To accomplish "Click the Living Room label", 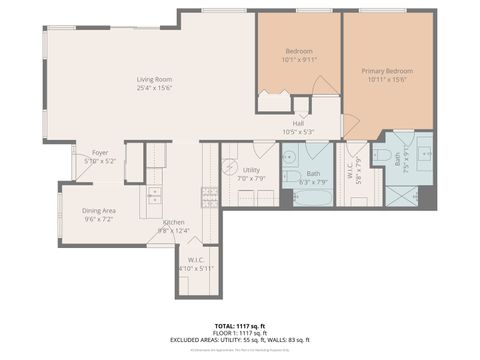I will pyautogui.click(x=155, y=84).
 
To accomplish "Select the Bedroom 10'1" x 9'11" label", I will pyautogui.click(x=299, y=55).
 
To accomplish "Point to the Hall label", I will pyautogui.click(x=298, y=127).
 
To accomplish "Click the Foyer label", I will pyautogui.click(x=100, y=156).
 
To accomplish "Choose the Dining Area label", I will pyautogui.click(x=98, y=214).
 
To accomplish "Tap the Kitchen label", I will pyautogui.click(x=173, y=227).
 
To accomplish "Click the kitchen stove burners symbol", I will pyautogui.click(x=210, y=195).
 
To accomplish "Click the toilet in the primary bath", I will pyautogui.click(x=382, y=155).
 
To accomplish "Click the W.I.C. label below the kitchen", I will pyautogui.click(x=195, y=264).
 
